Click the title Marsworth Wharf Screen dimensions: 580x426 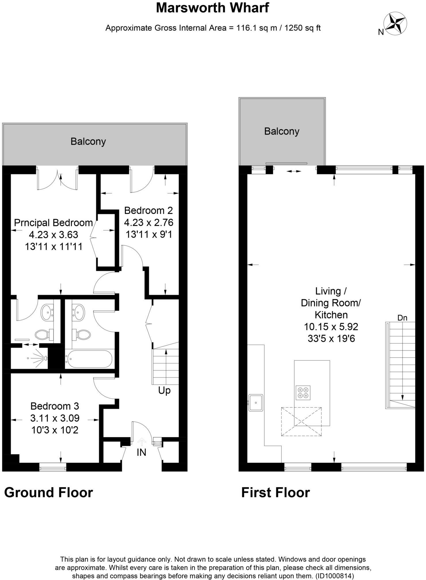[213, 8]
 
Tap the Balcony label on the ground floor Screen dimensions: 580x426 [88, 142]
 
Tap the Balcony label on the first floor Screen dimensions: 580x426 [281, 131]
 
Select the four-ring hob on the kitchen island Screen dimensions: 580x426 [303, 392]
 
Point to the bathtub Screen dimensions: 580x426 [88, 359]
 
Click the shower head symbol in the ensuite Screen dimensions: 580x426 [45, 358]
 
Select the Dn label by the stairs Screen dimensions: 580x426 [402, 318]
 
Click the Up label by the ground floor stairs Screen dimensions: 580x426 [164, 390]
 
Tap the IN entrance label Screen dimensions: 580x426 [141, 453]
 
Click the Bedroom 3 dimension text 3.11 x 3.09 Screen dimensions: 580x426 [55, 418]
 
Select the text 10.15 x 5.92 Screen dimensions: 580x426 [331, 327]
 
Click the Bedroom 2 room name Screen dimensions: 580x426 [148, 211]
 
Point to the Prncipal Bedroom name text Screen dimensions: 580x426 [53, 223]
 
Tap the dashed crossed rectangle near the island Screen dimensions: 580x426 [301, 421]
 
